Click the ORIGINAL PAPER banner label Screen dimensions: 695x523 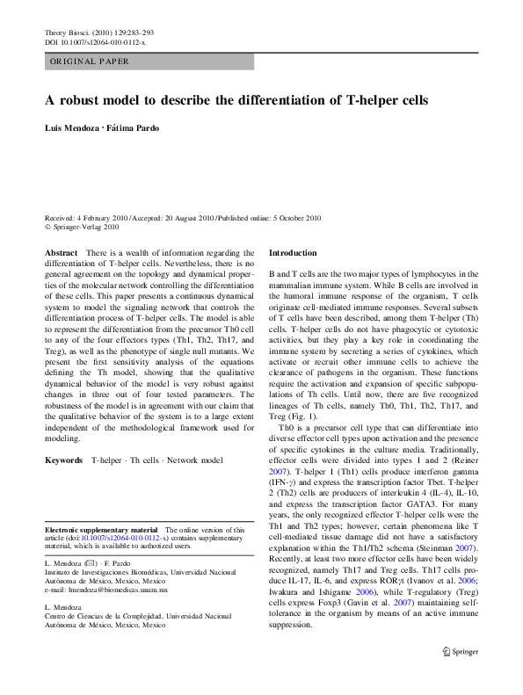(90, 62)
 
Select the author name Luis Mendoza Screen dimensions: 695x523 (71, 128)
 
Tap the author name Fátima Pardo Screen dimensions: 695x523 (133, 128)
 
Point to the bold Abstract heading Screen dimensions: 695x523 (61, 252)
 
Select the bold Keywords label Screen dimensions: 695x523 (64, 460)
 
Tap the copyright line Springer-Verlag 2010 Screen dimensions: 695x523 (72, 227)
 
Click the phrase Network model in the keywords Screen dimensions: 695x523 (198, 460)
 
